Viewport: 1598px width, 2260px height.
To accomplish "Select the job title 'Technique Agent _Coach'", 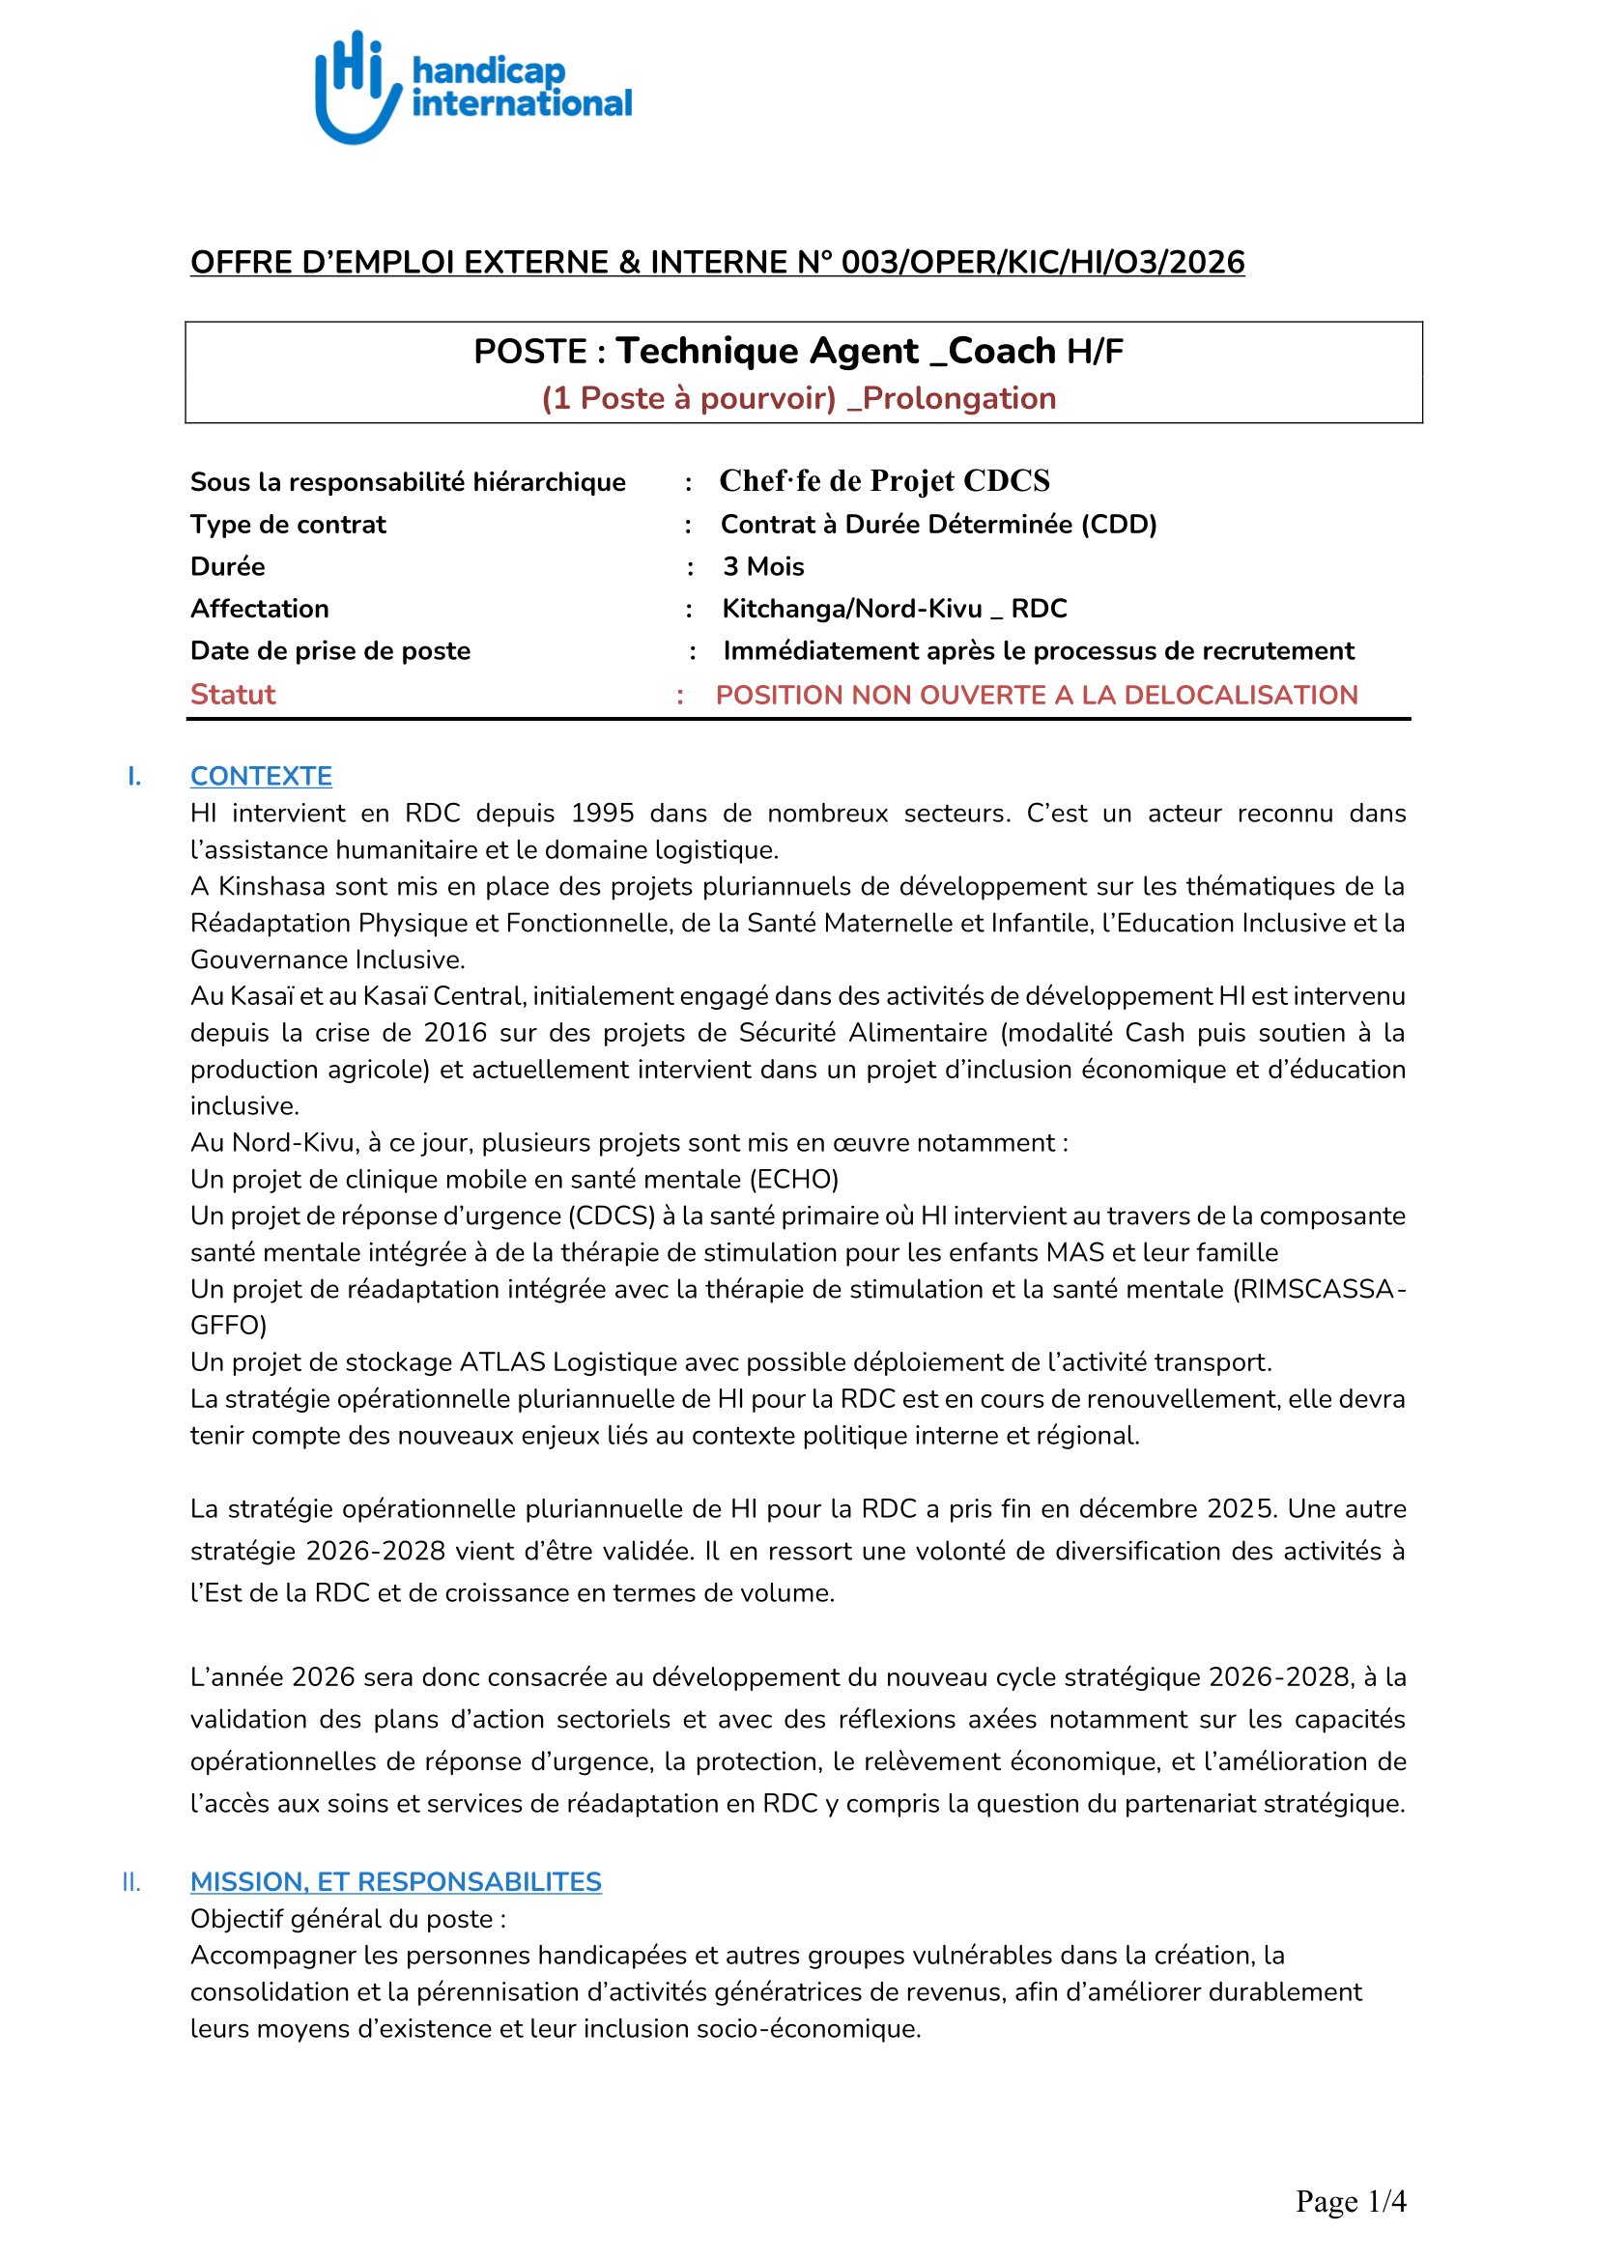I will (x=836, y=352).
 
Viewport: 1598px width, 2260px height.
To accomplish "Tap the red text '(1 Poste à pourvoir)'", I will (x=688, y=399).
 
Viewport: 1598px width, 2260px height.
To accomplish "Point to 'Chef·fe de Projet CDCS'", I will (x=884, y=480).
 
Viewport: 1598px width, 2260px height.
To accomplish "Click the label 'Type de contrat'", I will (x=288, y=525).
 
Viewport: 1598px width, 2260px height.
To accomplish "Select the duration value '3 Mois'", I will (x=762, y=567).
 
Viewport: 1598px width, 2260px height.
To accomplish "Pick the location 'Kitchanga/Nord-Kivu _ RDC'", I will (x=894, y=610).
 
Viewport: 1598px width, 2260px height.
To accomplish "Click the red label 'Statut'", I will (x=232, y=695).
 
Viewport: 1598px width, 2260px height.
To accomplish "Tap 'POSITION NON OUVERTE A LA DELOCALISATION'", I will (x=1036, y=695).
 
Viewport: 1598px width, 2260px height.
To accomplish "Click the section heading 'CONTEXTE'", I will (x=261, y=777).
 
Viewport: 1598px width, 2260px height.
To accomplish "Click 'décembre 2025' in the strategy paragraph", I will (x=1187, y=1509).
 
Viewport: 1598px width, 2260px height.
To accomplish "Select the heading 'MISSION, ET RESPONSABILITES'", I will (x=395, y=1882).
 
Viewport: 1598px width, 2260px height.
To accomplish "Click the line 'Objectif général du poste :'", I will (x=349, y=1919).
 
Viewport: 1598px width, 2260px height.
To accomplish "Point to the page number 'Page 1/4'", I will (x=1350, y=2201).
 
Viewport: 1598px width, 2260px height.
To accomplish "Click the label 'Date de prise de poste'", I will (x=330, y=651).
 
